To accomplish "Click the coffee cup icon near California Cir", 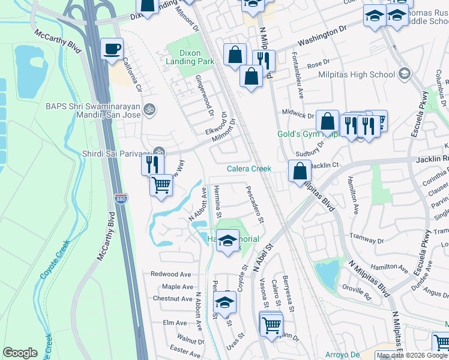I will point(112,49).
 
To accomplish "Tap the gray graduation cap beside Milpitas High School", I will point(405,74).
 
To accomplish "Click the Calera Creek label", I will point(249,169).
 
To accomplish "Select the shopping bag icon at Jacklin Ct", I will point(299,171).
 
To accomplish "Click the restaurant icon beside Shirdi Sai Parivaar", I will point(152,163).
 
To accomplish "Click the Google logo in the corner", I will point(20,353).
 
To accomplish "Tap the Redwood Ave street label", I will point(172,274).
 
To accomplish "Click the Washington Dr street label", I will point(322,37).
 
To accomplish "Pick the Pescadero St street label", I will point(255,204).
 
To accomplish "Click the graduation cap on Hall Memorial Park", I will point(227,242).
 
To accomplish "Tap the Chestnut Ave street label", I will point(172,298).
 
